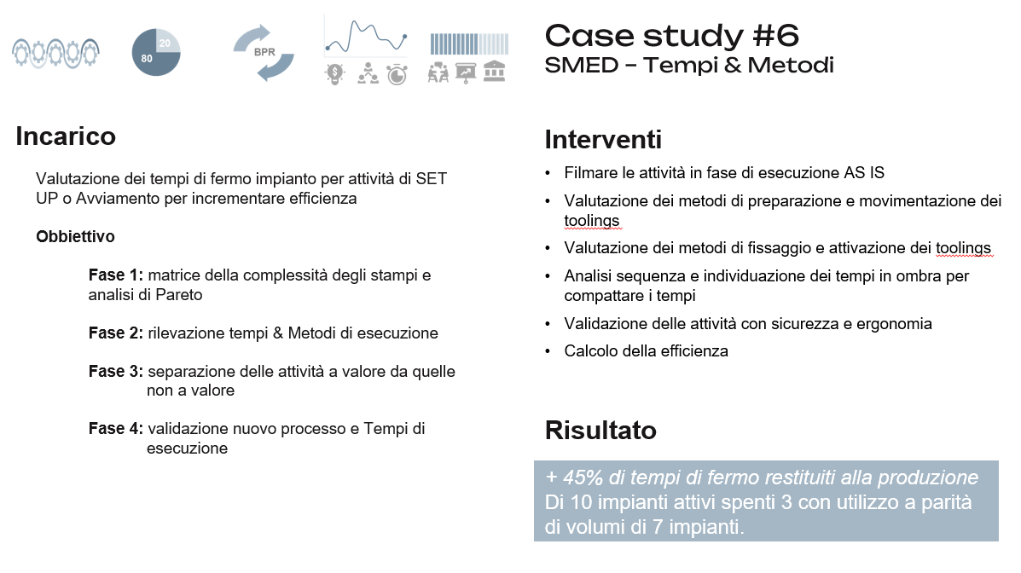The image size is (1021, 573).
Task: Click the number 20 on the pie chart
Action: tap(165, 43)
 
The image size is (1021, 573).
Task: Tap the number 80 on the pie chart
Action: tap(148, 59)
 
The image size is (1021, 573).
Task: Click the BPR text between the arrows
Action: tap(264, 52)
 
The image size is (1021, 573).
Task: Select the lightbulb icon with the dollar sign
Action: tap(334, 74)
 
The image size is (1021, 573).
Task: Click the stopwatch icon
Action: tap(397, 74)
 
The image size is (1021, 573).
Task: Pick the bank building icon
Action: tap(495, 72)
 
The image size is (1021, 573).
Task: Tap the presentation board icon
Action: tap(467, 73)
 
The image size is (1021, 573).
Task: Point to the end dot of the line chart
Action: tap(404, 37)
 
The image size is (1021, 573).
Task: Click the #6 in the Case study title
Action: tap(775, 36)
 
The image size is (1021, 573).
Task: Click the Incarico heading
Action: tap(66, 136)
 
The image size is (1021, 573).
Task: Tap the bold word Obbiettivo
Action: tap(76, 236)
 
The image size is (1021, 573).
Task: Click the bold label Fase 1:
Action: tap(116, 275)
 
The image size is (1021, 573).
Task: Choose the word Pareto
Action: tap(179, 295)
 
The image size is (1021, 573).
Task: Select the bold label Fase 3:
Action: tap(116, 371)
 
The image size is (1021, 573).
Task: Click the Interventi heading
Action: tap(603, 140)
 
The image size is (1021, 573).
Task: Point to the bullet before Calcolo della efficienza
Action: tap(548, 351)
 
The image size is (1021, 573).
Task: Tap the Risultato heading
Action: tap(600, 431)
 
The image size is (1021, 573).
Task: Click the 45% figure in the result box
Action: tap(583, 477)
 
